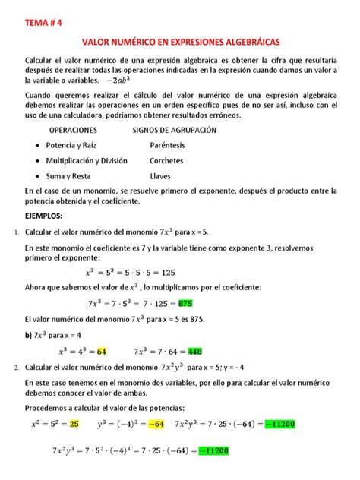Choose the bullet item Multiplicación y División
click(x=87, y=161)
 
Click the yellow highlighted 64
click(x=102, y=352)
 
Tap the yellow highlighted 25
click(x=74, y=423)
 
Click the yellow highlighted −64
click(x=156, y=423)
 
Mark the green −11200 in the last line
click(x=213, y=451)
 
